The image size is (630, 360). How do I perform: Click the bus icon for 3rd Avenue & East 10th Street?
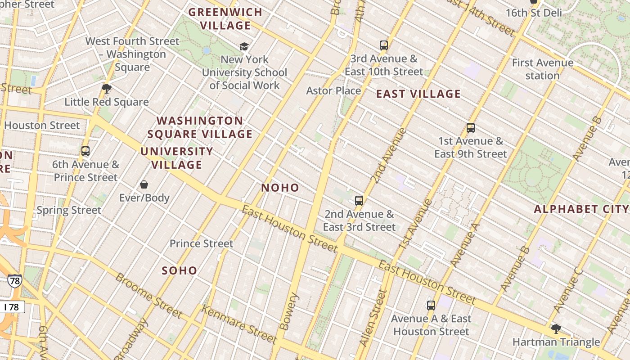[x=383, y=45]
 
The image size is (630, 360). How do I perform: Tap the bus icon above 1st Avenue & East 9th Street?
[x=471, y=128]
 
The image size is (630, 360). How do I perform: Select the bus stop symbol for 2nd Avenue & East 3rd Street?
[x=359, y=201]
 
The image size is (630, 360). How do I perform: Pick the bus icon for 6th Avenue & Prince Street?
[x=85, y=151]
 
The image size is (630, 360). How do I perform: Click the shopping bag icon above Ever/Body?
[x=144, y=184]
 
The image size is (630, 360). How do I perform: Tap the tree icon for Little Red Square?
[x=107, y=89]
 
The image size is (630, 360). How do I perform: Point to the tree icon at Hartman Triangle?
[x=556, y=329]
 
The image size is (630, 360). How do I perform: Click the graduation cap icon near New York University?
[x=244, y=46]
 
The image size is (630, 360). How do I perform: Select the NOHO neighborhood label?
[x=280, y=188]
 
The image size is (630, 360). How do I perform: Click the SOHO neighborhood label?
[x=180, y=270]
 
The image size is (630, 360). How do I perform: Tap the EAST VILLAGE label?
[x=418, y=94]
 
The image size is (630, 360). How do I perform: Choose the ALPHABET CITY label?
[x=580, y=209]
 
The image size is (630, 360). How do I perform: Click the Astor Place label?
[x=333, y=91]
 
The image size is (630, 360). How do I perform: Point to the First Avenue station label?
[x=543, y=69]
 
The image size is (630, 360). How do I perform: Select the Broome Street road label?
[x=148, y=295]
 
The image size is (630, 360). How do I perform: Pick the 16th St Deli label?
[x=534, y=13]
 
